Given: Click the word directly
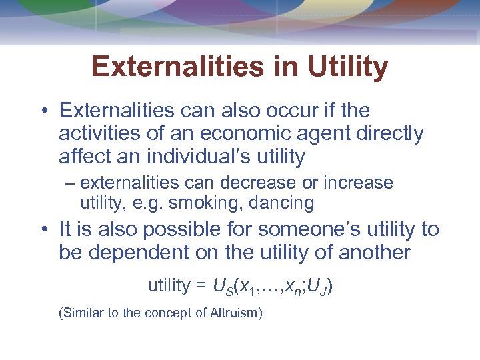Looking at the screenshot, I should [384, 133].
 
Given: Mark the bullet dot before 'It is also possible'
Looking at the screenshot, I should [43, 230].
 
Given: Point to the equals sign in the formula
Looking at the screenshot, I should [200, 286].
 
